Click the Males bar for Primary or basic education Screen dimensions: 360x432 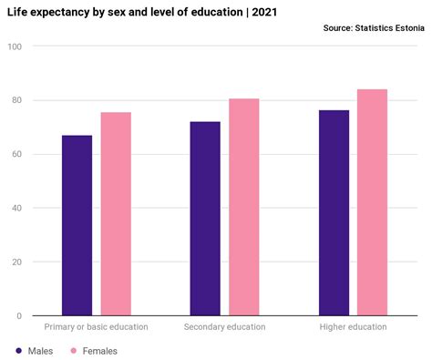(77, 225)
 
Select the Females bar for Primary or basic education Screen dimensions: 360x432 (116, 214)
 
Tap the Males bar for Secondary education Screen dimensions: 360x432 (205, 219)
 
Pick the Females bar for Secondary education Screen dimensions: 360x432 (243, 207)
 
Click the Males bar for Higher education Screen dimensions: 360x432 (334, 212)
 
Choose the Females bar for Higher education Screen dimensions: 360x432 (372, 202)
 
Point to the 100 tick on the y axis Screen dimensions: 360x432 (15, 46)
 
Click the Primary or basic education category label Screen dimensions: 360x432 (96, 327)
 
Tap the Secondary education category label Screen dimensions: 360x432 (224, 327)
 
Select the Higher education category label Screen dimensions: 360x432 (353, 327)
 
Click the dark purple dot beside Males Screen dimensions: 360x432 (17, 350)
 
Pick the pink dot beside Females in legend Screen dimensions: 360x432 (72, 350)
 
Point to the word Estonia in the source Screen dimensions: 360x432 (406, 29)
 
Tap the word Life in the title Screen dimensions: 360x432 (17, 12)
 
